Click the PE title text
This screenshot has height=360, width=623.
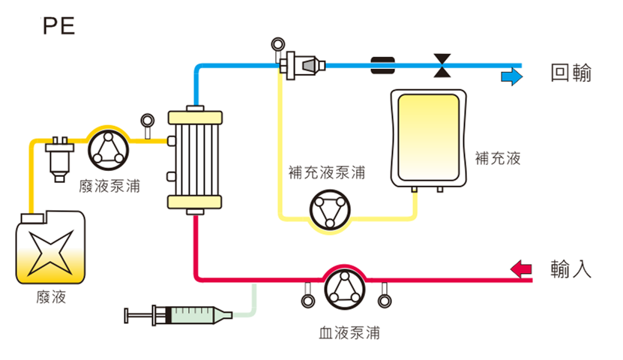click(x=58, y=26)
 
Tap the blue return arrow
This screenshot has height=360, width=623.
click(x=511, y=76)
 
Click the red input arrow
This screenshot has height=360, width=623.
click(x=521, y=269)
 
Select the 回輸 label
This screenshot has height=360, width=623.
click(x=571, y=73)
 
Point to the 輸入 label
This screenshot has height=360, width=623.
click(x=571, y=269)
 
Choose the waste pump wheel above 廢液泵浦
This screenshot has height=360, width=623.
click(x=108, y=151)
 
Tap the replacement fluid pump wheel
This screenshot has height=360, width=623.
click(x=330, y=210)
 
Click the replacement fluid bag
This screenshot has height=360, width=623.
click(x=428, y=138)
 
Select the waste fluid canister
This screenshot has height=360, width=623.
click(x=50, y=247)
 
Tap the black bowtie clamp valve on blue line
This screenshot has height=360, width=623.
click(x=442, y=65)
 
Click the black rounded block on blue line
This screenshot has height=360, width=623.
click(x=382, y=65)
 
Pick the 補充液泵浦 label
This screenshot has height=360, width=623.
click(x=327, y=172)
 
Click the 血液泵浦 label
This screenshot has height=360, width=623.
click(x=349, y=332)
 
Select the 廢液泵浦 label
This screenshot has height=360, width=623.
click(x=109, y=186)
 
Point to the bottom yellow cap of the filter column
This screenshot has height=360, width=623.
click(x=195, y=202)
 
